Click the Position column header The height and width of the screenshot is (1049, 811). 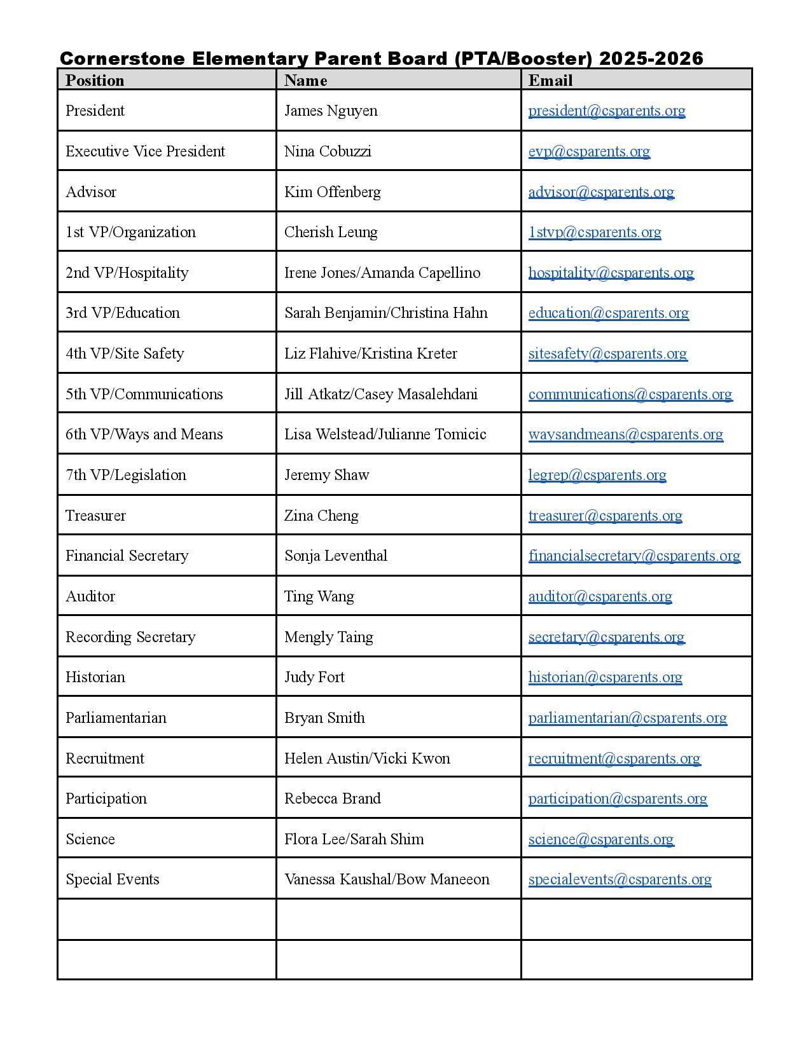[x=95, y=80]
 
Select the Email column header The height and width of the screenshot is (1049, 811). [x=550, y=80]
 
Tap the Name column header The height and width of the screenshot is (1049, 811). [x=305, y=80]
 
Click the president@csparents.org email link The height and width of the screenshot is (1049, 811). [x=606, y=111]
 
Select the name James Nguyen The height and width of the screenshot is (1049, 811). [x=331, y=111]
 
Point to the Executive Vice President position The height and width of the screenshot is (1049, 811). [x=145, y=151]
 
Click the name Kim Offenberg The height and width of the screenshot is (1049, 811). [x=332, y=192]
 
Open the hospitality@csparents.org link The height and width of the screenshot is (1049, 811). [x=611, y=273]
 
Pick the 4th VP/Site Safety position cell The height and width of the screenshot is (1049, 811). [x=125, y=353]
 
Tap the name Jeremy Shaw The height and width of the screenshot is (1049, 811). [x=326, y=475]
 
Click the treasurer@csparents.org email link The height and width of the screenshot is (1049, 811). [x=605, y=516]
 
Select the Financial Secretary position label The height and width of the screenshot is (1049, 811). [x=127, y=556]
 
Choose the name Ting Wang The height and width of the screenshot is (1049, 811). [x=319, y=596]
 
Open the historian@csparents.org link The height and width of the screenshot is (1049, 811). [x=605, y=677]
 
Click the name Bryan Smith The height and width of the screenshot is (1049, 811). [x=324, y=718]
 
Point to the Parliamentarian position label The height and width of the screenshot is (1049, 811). [x=116, y=718]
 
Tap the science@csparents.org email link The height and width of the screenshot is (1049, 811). [x=600, y=839]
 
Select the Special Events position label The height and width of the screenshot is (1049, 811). [x=113, y=879]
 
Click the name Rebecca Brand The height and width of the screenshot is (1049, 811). [x=332, y=799]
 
